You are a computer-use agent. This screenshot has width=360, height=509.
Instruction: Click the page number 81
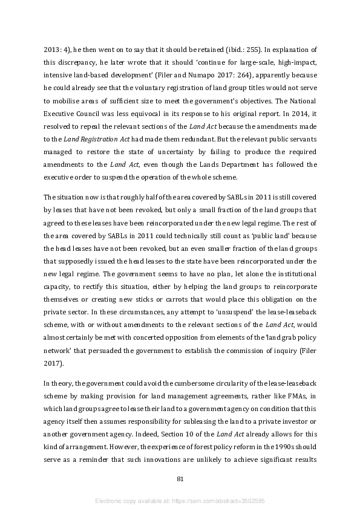(180, 479)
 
